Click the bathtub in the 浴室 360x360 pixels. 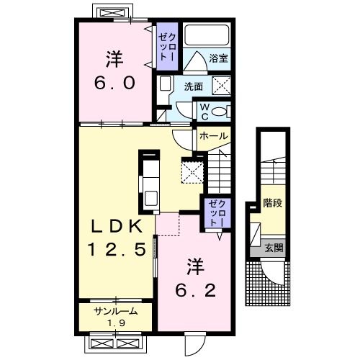pyautogui.click(x=207, y=35)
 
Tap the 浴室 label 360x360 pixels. pyautogui.click(x=218, y=58)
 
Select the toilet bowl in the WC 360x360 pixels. pyautogui.click(x=219, y=112)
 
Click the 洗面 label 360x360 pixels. pyautogui.click(x=194, y=86)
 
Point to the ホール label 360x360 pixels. pyautogui.click(x=213, y=136)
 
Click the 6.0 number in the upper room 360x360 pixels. pyautogui.click(x=114, y=83)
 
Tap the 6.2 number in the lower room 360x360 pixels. pyautogui.click(x=196, y=290)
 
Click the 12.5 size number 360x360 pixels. pyautogui.click(x=117, y=249)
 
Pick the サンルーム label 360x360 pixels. pyautogui.click(x=116, y=312)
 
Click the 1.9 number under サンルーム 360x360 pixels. pyautogui.click(x=116, y=323)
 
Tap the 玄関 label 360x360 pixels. pyautogui.click(x=274, y=248)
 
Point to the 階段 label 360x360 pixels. pyautogui.click(x=272, y=203)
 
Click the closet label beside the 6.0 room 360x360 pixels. pyautogui.click(x=167, y=47)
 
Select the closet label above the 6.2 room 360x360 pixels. pyautogui.click(x=217, y=213)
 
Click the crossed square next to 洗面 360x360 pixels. pyautogui.click(x=221, y=86)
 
